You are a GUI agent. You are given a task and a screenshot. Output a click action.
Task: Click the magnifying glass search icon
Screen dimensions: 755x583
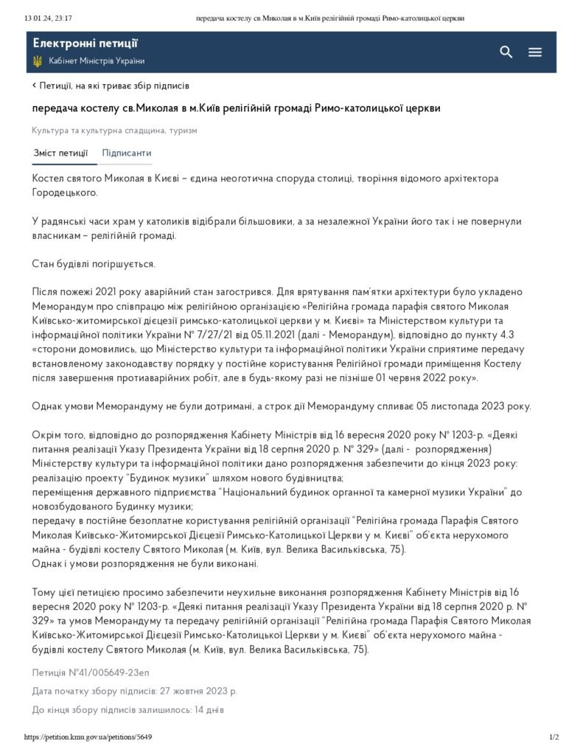(x=506, y=52)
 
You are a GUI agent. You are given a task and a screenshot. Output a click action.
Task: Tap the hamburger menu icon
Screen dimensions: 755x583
(x=535, y=52)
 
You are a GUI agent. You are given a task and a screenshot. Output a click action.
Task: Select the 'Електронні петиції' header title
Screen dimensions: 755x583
(x=85, y=44)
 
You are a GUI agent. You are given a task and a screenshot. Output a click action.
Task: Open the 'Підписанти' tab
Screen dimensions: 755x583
(x=127, y=153)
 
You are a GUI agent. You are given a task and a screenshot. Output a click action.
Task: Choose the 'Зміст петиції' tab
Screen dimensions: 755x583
(x=60, y=153)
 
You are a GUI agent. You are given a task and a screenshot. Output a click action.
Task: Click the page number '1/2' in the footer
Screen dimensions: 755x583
(x=554, y=737)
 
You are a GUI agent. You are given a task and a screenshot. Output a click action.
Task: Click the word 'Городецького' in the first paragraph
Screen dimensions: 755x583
(x=64, y=192)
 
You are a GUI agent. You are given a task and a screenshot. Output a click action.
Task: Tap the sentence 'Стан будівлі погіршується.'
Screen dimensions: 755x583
(x=94, y=263)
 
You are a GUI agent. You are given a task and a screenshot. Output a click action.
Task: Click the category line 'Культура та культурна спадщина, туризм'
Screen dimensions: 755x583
(x=114, y=131)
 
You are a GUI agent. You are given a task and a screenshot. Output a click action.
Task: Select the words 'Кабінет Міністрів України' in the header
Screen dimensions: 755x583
(x=97, y=61)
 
